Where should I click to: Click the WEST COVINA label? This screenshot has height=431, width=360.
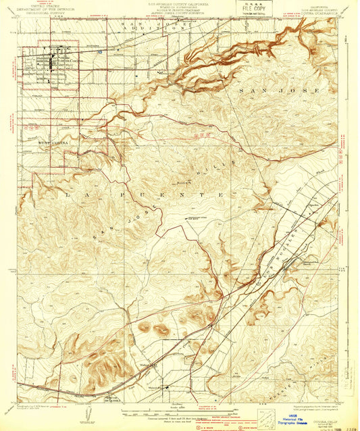53,143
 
